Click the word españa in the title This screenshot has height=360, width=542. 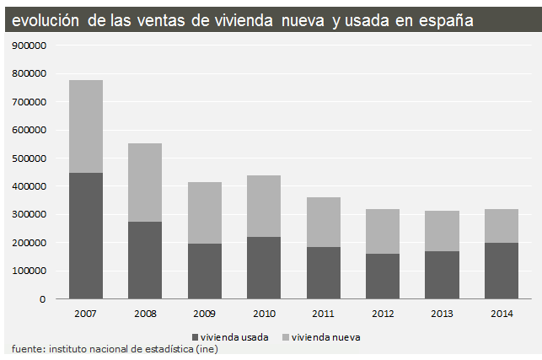click(441, 19)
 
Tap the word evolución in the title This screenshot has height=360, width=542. click(43, 19)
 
